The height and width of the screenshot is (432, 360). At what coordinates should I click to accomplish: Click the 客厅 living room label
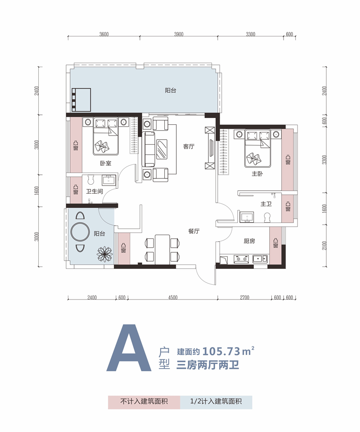(189, 146)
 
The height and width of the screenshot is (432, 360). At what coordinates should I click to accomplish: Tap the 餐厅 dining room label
(194, 231)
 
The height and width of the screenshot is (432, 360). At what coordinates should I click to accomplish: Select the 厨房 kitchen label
(249, 241)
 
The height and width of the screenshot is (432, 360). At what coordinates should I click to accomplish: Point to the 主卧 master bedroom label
(257, 173)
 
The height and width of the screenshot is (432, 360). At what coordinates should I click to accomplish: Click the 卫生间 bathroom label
(94, 191)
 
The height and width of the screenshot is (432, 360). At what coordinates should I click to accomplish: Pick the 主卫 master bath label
(266, 204)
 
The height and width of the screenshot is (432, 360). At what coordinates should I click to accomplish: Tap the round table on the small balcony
(80, 232)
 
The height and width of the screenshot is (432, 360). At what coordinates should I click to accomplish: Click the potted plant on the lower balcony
(105, 254)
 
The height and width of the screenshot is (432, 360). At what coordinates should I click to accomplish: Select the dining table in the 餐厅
(162, 250)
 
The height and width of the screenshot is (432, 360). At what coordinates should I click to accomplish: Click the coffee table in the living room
(162, 149)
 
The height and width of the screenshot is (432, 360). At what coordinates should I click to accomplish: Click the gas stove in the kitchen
(241, 259)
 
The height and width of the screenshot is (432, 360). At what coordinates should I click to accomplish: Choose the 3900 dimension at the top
(179, 34)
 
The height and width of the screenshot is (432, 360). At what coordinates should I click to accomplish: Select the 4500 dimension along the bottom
(172, 298)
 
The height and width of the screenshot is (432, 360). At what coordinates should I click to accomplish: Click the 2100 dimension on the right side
(324, 246)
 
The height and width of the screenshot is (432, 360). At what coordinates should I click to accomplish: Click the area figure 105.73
(221, 351)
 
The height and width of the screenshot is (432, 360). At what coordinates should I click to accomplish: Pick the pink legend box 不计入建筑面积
(144, 402)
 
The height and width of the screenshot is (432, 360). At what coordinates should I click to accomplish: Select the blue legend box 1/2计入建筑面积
(216, 402)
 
